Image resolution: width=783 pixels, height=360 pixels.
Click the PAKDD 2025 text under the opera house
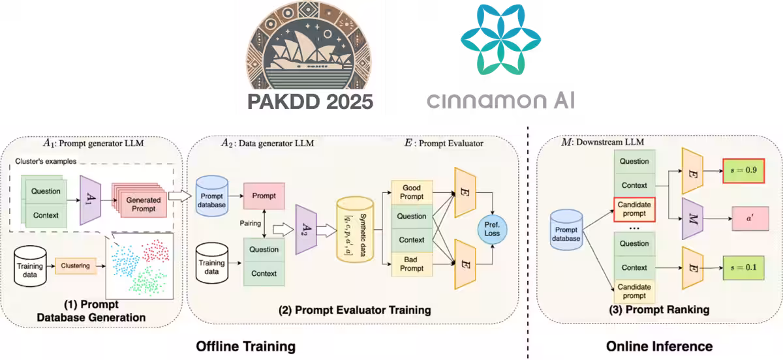point(309,100)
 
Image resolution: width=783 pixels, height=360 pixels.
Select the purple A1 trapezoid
point(89,200)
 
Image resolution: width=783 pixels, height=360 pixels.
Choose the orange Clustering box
point(75,265)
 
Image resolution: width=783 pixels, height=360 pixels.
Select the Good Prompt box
point(412,190)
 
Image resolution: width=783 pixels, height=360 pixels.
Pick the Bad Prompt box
point(412,265)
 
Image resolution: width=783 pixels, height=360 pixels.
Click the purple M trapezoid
point(690,217)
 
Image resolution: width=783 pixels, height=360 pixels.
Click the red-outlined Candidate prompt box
point(634,209)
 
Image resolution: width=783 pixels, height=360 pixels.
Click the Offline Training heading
point(246,346)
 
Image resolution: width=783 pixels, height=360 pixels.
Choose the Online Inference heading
point(659,346)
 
